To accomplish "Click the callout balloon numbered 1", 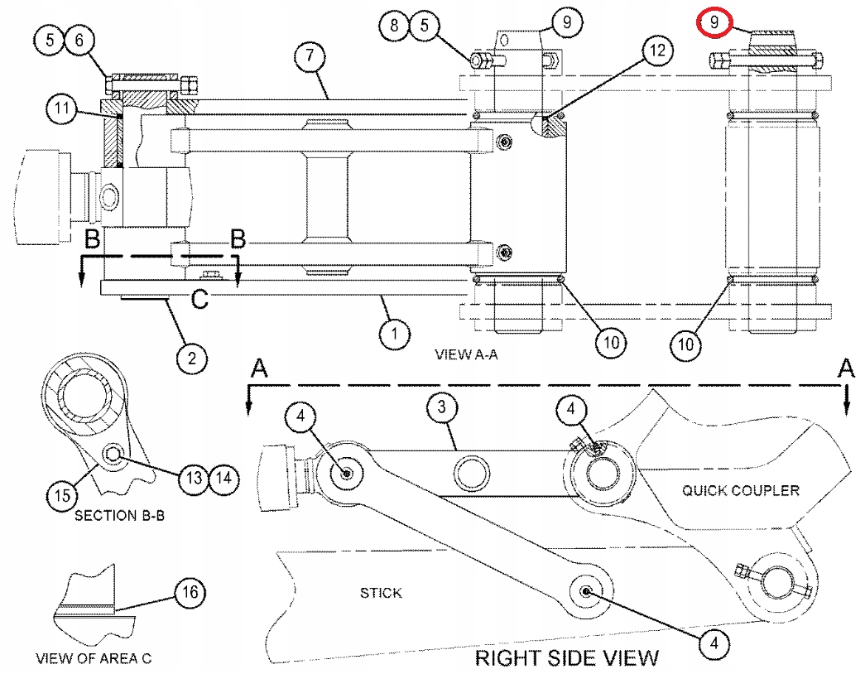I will click(396, 334).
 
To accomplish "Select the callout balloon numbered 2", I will click(191, 358).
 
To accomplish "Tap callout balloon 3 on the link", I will click(443, 406).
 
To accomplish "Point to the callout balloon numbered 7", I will click(310, 56).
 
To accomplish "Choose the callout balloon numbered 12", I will click(656, 51).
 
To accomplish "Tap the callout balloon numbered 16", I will click(190, 592).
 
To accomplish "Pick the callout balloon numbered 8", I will click(395, 25).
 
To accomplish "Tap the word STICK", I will click(381, 593).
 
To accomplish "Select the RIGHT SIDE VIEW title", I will click(566, 658).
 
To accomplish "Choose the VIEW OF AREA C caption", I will click(93, 660).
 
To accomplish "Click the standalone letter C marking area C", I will click(199, 300).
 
